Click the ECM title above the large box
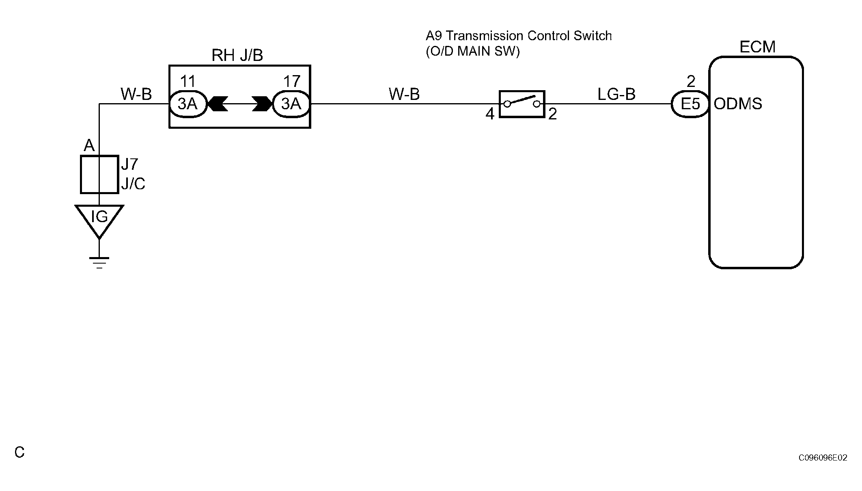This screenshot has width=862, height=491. click(757, 47)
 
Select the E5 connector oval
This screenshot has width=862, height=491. click(690, 104)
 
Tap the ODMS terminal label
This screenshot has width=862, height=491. click(738, 104)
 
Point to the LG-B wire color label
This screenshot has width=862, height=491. click(616, 94)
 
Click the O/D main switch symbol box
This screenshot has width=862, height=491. click(522, 104)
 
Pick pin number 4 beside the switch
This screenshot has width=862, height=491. click(490, 114)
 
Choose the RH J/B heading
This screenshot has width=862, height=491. click(237, 55)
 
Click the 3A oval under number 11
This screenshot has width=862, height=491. click(187, 104)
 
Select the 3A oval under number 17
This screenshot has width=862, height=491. click(291, 104)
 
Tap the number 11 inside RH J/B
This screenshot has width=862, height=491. click(187, 82)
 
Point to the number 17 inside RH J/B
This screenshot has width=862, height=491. click(291, 82)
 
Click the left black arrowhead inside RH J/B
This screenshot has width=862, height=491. click(218, 104)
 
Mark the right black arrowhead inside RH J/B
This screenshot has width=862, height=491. click(262, 104)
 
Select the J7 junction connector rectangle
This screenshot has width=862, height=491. click(99, 174)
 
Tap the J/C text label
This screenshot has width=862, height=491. click(133, 184)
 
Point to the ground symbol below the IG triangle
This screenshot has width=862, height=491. click(99, 263)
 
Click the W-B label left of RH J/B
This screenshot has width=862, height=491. click(136, 94)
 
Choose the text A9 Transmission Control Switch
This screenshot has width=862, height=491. click(519, 36)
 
